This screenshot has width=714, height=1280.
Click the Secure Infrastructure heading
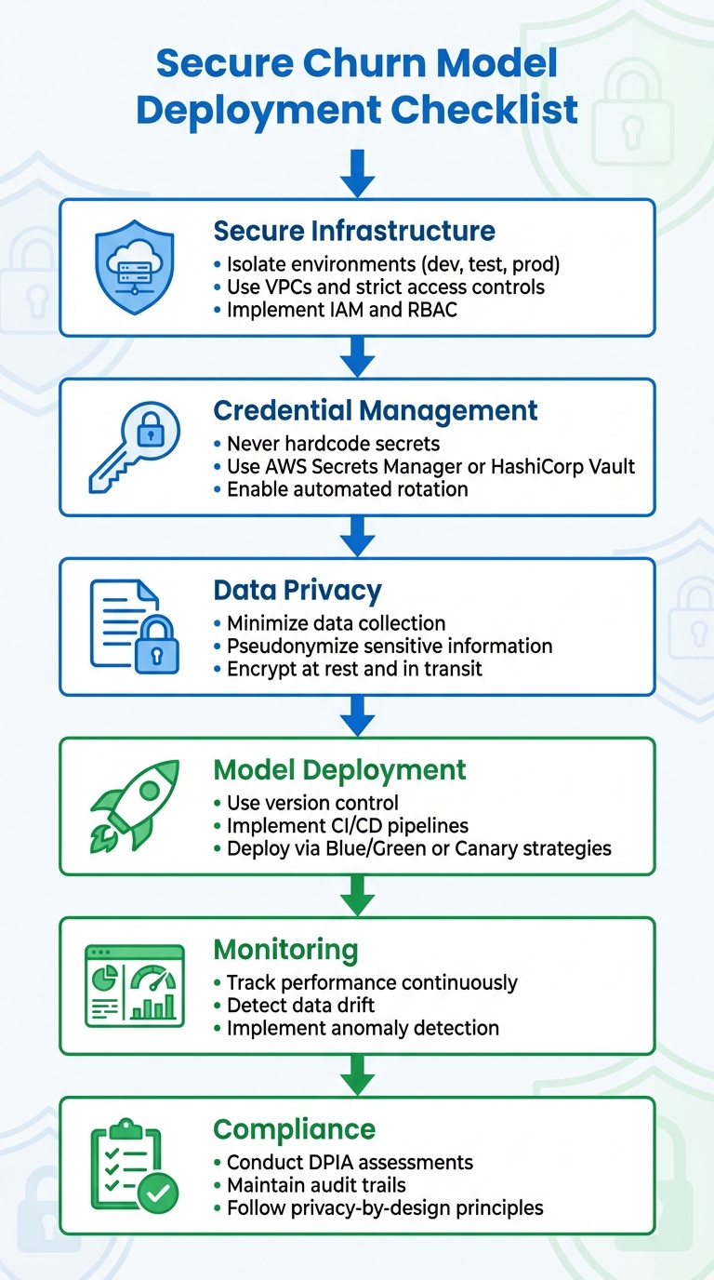click(354, 230)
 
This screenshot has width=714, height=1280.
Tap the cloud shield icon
click(136, 267)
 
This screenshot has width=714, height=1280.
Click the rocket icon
click(134, 806)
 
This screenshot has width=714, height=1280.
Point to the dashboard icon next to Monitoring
click(135, 986)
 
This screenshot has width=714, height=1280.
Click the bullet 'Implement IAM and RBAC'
click(342, 310)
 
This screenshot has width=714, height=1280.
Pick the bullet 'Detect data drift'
click(300, 1005)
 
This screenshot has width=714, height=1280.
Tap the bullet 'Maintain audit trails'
click(316, 1185)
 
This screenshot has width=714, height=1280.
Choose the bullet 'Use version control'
click(312, 803)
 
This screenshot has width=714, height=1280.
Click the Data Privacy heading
click(297, 590)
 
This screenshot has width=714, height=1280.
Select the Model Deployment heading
click(339, 770)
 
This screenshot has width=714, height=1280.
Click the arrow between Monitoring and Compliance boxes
click(357, 1075)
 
